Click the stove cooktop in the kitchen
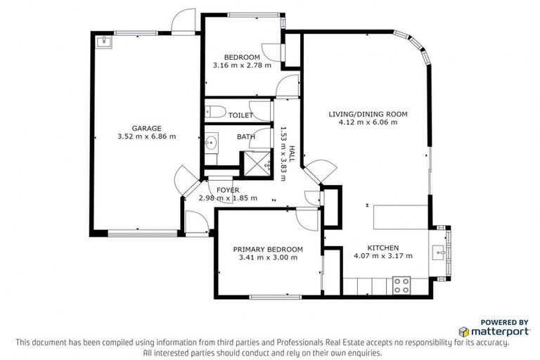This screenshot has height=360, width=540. coord(401,285)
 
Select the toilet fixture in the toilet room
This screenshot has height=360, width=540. coord(214,111)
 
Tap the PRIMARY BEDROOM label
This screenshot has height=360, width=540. coord(268,249)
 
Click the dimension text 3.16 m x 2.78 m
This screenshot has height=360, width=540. coord(242,66)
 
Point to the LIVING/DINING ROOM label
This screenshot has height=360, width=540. coord(368,114)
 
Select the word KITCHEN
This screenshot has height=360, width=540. coord(382,247)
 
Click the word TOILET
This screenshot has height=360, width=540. coord(240,115)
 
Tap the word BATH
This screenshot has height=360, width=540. coord(245,137)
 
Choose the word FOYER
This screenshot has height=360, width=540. coord(228,190)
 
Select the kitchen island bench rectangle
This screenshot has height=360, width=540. coord(399,216)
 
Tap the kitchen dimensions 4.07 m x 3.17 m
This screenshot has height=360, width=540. coord(382,257)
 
